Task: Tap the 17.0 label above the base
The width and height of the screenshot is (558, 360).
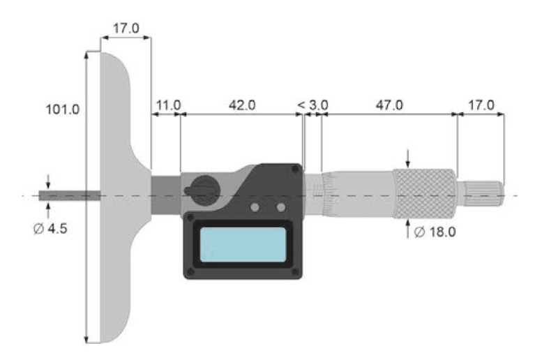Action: click(x=126, y=29)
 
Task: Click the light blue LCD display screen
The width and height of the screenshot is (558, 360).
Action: click(x=242, y=246)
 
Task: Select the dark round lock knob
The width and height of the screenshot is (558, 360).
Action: click(x=202, y=188)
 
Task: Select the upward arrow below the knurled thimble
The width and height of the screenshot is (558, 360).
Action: click(x=408, y=229)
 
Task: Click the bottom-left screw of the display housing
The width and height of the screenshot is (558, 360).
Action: click(x=189, y=272)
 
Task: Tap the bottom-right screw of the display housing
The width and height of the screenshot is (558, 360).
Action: click(x=296, y=272)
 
